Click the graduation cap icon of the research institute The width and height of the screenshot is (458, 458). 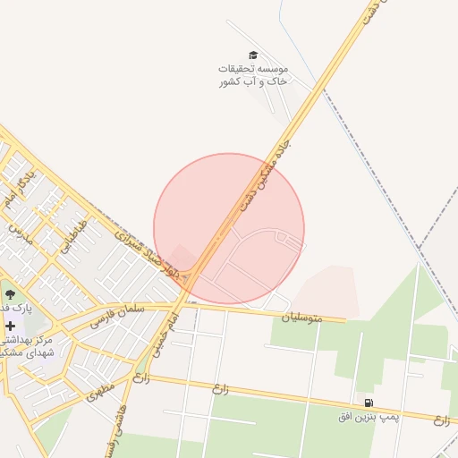252,55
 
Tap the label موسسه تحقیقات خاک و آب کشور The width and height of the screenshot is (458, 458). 253,75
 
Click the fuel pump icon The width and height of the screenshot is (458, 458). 368,403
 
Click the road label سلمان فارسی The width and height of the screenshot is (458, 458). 117,314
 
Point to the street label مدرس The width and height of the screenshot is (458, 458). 19,233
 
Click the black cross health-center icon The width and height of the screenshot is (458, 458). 10,327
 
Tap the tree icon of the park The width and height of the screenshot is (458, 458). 10,293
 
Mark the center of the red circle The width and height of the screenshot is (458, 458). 229,229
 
